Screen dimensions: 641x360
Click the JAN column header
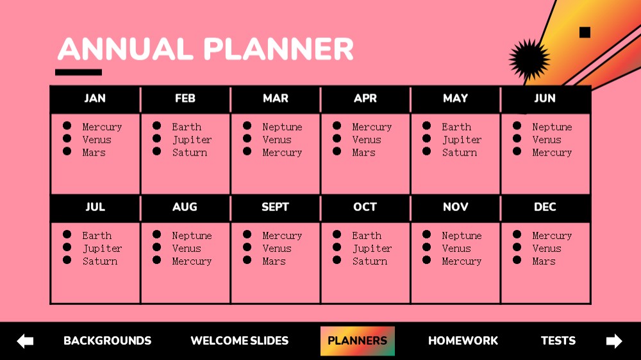pyautogui.click(x=95, y=99)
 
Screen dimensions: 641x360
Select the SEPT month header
pyautogui.click(x=275, y=207)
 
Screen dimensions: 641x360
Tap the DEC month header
pyautogui.click(x=545, y=207)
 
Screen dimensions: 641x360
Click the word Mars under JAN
pyautogui.click(x=94, y=152)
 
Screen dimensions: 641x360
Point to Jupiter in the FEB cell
pyautogui.click(x=192, y=140)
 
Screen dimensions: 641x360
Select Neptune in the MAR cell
pyautogui.click(x=283, y=127)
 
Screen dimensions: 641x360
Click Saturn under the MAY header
pyautogui.click(x=460, y=152)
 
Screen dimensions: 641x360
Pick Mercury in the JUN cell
pyautogui.click(x=552, y=153)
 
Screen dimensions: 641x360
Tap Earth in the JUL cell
pyautogui.click(x=97, y=235)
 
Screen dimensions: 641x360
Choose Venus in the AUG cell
pyautogui.click(x=187, y=249)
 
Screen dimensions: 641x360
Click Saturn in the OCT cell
pyautogui.click(x=370, y=261)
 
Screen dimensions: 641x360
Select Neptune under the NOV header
pyautogui.click(x=462, y=236)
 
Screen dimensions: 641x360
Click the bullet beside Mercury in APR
pyautogui.click(x=337, y=126)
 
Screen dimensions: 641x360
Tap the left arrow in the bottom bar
pyautogui.click(x=26, y=341)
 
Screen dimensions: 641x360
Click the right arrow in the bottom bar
pyautogui.click(x=614, y=341)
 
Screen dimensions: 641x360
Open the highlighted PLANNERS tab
pyautogui.click(x=357, y=341)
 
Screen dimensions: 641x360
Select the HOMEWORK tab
pyautogui.click(x=463, y=341)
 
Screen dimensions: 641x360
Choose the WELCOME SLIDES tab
pyautogui.click(x=240, y=341)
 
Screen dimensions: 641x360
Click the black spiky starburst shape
pyautogui.click(x=529, y=60)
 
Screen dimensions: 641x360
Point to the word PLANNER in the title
pyautogui.click(x=278, y=49)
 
